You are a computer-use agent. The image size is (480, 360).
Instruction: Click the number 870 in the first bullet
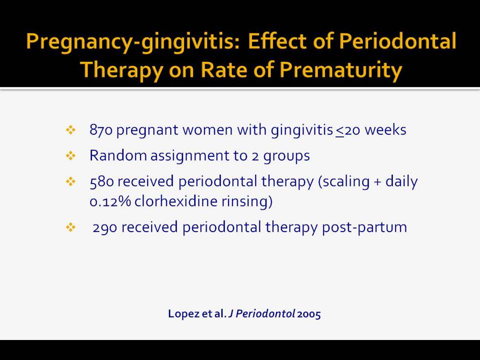tap(101, 130)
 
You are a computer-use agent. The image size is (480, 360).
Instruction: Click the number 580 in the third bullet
tap(101, 181)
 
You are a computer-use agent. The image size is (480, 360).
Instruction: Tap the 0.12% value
tap(110, 201)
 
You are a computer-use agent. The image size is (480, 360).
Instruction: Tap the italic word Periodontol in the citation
tap(265, 314)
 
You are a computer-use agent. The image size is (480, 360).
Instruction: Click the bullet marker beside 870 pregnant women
tap(70, 130)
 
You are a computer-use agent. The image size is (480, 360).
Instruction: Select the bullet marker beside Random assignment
tap(70, 156)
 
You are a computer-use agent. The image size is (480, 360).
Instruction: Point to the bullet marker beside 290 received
tap(70, 227)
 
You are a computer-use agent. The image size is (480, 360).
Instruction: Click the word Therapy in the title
tap(121, 70)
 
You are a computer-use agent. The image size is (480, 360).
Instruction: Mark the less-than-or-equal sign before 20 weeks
tap(340, 131)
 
